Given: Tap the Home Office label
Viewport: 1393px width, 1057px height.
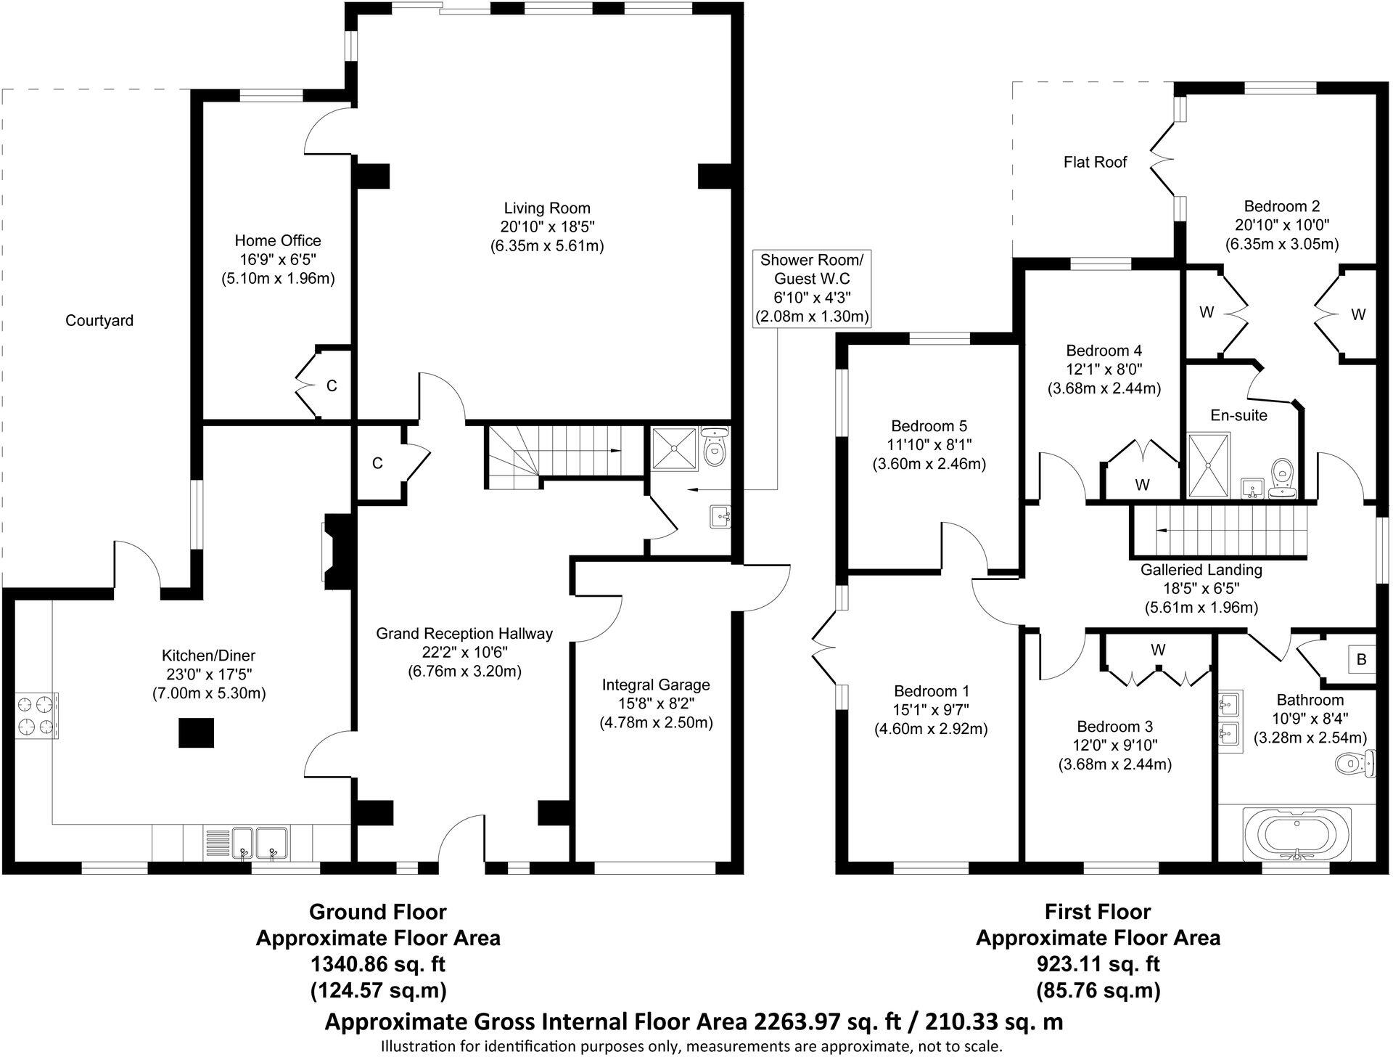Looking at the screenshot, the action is [x=278, y=240].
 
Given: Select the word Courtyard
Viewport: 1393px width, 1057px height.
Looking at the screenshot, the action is [x=99, y=320].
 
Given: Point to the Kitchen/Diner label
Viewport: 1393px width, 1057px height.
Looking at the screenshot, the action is [x=209, y=656].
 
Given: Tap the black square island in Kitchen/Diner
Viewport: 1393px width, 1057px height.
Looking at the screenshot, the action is [x=197, y=732].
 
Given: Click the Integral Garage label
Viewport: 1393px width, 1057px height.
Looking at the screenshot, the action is [x=656, y=685].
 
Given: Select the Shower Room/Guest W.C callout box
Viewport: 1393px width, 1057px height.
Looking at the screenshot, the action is [x=812, y=288].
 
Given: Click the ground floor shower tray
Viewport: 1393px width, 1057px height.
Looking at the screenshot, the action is [x=674, y=449].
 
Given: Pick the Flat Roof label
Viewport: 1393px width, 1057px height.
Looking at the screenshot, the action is [x=1095, y=162].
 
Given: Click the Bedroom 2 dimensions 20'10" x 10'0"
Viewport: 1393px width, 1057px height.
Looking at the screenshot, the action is [x=1282, y=225].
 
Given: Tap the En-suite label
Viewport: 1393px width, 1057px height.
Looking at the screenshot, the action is [x=1239, y=415].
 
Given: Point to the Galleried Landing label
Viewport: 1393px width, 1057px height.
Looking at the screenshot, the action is [x=1201, y=570].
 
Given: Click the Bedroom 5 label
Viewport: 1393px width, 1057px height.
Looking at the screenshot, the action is [x=929, y=426].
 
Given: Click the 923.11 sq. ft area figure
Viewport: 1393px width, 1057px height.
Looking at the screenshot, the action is [x=1098, y=964].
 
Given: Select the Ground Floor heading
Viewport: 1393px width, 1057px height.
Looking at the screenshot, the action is [x=378, y=911].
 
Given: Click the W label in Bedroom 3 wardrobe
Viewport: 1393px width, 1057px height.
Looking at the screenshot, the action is [x=1158, y=650].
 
